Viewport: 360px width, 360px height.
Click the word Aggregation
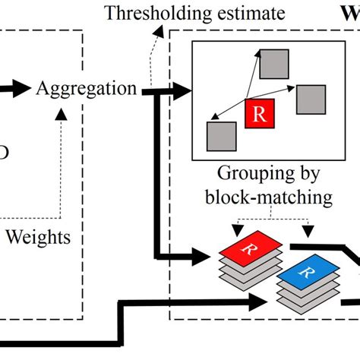coord(87,89)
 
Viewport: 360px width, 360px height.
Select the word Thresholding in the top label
coord(144,13)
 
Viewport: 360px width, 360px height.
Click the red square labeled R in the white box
coord(259,115)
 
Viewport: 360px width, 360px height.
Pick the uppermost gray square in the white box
coord(273,65)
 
